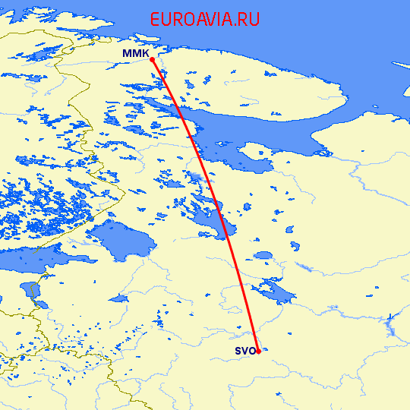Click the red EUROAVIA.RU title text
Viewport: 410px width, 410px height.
tap(205, 20)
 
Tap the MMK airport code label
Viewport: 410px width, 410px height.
tap(135, 54)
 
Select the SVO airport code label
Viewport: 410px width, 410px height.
tap(244, 351)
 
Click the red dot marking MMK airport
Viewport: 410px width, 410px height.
tap(153, 58)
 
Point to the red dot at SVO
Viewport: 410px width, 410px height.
tap(258, 351)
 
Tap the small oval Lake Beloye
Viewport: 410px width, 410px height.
tap(263, 256)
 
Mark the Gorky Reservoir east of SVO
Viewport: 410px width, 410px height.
tap(390, 326)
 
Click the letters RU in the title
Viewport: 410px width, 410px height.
tap(249, 20)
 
